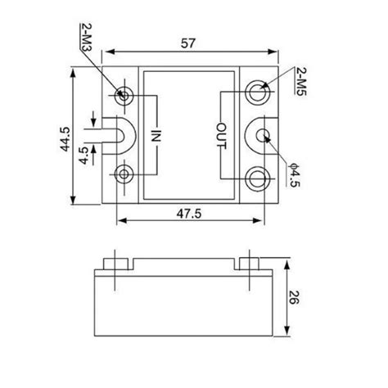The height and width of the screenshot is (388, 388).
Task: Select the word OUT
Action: (221, 133)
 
